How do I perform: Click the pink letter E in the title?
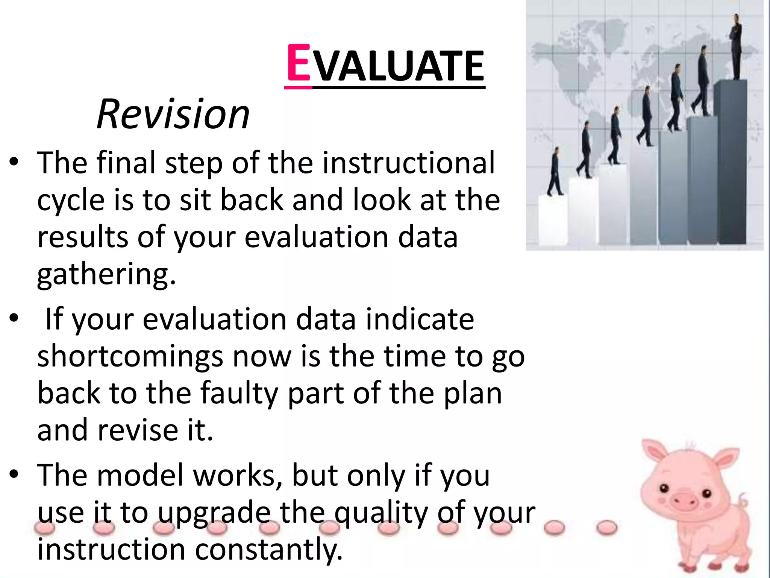coord(299,63)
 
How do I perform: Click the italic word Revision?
coord(173,114)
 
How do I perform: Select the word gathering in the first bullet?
coord(106,275)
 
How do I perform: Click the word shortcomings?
coord(130,357)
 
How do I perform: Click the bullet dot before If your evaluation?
coord(14,318)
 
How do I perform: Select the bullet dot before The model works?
coord(14,475)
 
